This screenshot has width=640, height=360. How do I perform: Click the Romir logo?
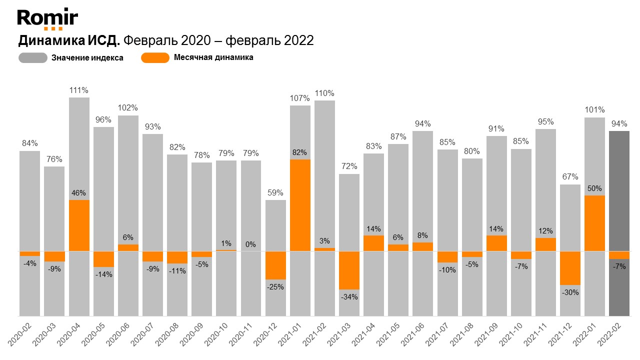point(47,19)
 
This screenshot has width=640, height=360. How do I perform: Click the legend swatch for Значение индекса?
point(33,57)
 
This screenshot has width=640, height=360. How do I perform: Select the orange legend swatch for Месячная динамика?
point(155,57)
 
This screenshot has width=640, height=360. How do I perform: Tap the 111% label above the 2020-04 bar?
point(79,90)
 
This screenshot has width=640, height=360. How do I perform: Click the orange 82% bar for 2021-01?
point(300,205)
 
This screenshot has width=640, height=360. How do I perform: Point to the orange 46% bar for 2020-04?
point(79,225)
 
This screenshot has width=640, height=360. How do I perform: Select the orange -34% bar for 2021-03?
point(349,270)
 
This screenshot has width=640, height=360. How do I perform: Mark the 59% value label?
point(275,192)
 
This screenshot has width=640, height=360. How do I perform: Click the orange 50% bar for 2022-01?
point(594,223)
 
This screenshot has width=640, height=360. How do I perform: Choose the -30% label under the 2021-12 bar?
point(570,292)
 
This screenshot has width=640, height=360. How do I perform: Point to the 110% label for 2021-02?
point(324,93)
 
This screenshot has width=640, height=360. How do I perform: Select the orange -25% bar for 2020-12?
point(275,265)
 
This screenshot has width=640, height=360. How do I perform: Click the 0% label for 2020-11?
point(251,244)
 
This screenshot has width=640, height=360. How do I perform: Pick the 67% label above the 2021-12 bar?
point(570,177)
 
